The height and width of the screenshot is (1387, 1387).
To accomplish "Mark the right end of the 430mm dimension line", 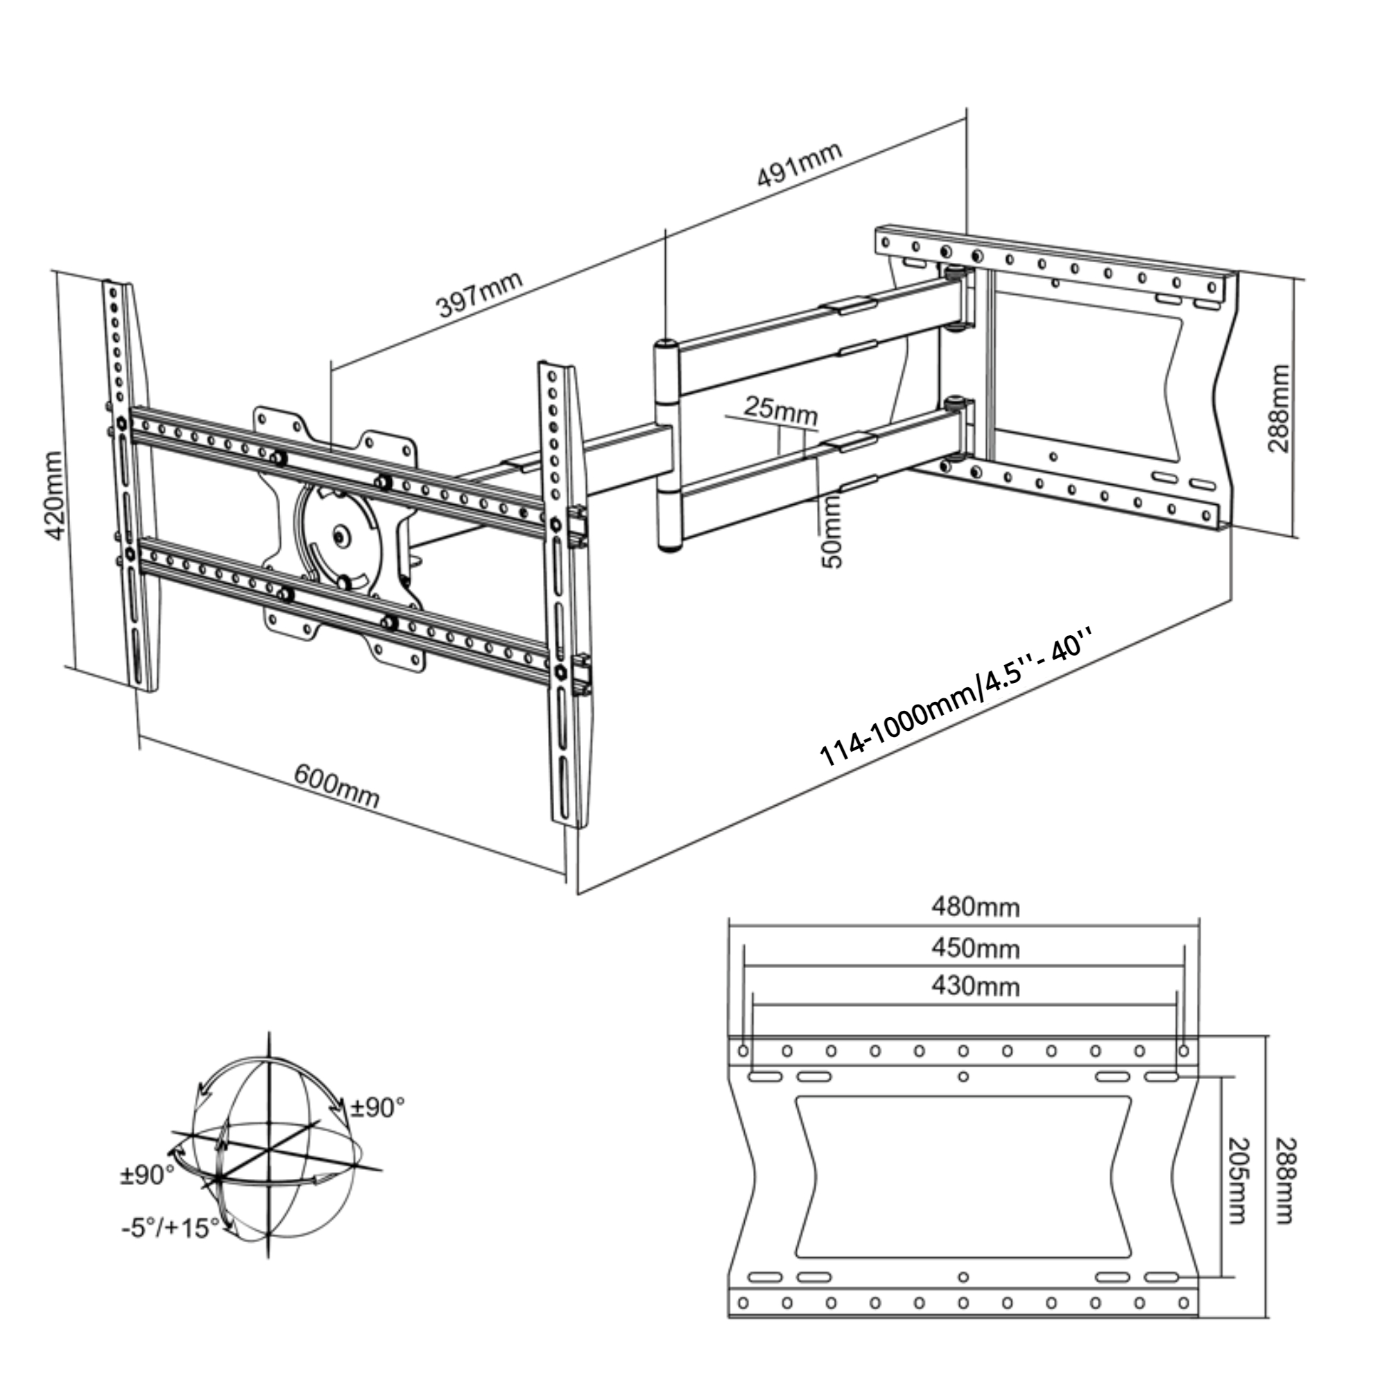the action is pyautogui.click(x=1176, y=1005).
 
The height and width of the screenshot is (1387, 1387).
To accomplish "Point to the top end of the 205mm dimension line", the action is pyautogui.click(x=1221, y=1077).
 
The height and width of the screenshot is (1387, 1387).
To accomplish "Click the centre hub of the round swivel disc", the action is pyautogui.click(x=341, y=535).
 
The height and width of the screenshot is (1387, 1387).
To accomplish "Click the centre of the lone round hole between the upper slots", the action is pyautogui.click(x=963, y=1076).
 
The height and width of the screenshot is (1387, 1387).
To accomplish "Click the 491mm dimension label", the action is pyautogui.click(x=799, y=164).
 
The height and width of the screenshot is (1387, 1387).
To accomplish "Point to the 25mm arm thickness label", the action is pyautogui.click(x=780, y=410).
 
